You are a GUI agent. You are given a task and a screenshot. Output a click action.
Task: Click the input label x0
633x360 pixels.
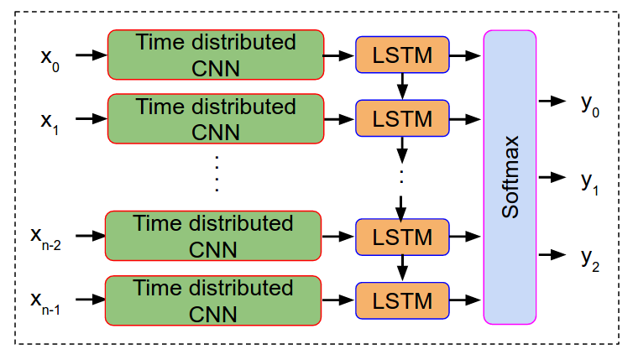[50, 60]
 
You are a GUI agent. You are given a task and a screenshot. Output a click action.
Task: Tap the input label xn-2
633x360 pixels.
[45, 238]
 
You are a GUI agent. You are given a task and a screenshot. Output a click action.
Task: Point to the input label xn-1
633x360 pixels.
[45, 303]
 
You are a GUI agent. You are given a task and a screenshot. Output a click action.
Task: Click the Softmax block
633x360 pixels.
[510, 177]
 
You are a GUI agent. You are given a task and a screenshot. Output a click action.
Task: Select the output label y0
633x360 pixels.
[590, 106]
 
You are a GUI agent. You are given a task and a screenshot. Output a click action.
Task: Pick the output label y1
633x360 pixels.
[590, 184]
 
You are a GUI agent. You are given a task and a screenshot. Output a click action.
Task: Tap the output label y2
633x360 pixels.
[590, 260]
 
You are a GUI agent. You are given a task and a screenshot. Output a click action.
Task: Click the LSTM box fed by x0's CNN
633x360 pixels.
[402, 55]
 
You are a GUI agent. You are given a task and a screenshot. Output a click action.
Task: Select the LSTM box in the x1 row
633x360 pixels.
[402, 118]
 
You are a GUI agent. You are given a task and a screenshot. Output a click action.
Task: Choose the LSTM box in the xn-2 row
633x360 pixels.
[402, 237]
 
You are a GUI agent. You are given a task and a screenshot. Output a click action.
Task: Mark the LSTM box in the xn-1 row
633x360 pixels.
[402, 300]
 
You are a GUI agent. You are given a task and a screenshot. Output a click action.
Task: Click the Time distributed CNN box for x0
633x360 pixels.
[216, 55]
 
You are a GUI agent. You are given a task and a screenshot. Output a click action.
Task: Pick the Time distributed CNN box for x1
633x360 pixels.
[216, 118]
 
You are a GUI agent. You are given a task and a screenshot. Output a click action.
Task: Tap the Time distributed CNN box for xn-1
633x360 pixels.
[213, 300]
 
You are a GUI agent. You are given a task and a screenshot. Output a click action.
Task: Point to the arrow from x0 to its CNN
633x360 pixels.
[92, 55]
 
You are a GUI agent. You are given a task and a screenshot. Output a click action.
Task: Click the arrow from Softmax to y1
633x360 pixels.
[552, 177]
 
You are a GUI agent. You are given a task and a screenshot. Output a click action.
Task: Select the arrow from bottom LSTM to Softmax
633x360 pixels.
[464, 300]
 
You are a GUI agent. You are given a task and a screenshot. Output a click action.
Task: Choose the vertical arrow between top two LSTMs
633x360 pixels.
[402, 86]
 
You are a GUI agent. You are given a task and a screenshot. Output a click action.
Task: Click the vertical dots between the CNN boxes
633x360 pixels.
[217, 173]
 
